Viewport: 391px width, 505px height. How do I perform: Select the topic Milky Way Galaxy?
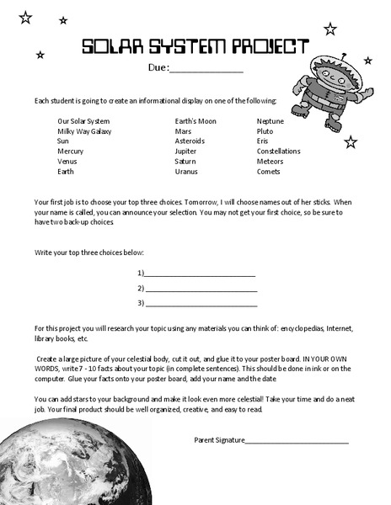83,131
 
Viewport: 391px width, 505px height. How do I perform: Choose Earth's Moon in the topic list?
195,121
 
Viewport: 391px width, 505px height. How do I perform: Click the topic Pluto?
265,131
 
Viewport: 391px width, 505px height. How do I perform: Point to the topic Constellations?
278,151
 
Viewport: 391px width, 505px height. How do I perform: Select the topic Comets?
269,172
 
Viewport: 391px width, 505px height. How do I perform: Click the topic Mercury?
70,151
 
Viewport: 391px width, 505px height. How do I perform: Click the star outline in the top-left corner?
25,17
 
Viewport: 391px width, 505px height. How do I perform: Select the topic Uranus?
186,172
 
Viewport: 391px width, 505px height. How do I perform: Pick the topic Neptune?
270,121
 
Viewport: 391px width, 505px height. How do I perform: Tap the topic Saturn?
185,162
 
